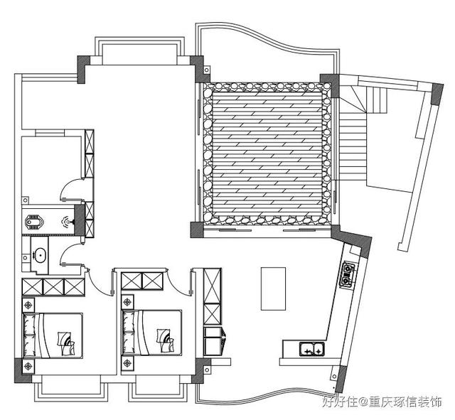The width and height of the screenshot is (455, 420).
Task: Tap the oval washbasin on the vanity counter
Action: click(40, 256)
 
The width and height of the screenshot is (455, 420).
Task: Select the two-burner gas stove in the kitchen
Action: click(348, 274)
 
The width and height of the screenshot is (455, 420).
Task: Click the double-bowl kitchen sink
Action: click(312, 349)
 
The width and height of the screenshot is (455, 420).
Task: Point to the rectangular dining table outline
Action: click(273, 289)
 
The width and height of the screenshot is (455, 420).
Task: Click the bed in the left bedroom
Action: click(53, 335)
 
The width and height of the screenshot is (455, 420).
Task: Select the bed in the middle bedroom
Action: click(152, 333)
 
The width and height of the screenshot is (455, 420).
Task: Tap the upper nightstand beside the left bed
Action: click(28, 305)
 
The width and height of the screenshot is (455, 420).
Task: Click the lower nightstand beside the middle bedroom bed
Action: click(127, 363)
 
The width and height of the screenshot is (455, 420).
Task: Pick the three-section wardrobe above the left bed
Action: click(54, 287)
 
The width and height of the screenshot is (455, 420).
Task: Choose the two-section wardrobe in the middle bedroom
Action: click(142, 281)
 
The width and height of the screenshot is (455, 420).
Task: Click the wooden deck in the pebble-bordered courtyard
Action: click(267, 153)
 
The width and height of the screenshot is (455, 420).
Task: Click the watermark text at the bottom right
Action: click(382, 403)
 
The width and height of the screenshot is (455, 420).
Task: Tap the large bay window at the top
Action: click(139, 50)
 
